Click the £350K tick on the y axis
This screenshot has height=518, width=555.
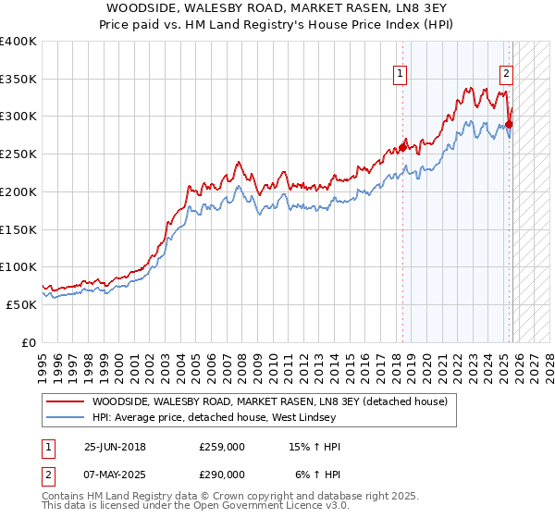click(x=18, y=80)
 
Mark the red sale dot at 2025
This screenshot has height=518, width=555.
click(x=510, y=124)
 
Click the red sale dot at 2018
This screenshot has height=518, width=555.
click(x=402, y=148)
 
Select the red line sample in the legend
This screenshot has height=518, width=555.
click(x=65, y=401)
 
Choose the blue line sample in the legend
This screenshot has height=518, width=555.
click(x=65, y=417)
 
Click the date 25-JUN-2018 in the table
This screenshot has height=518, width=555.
click(x=115, y=447)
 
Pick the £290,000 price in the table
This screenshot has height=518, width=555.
click(x=222, y=474)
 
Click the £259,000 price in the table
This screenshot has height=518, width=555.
click(x=222, y=447)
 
